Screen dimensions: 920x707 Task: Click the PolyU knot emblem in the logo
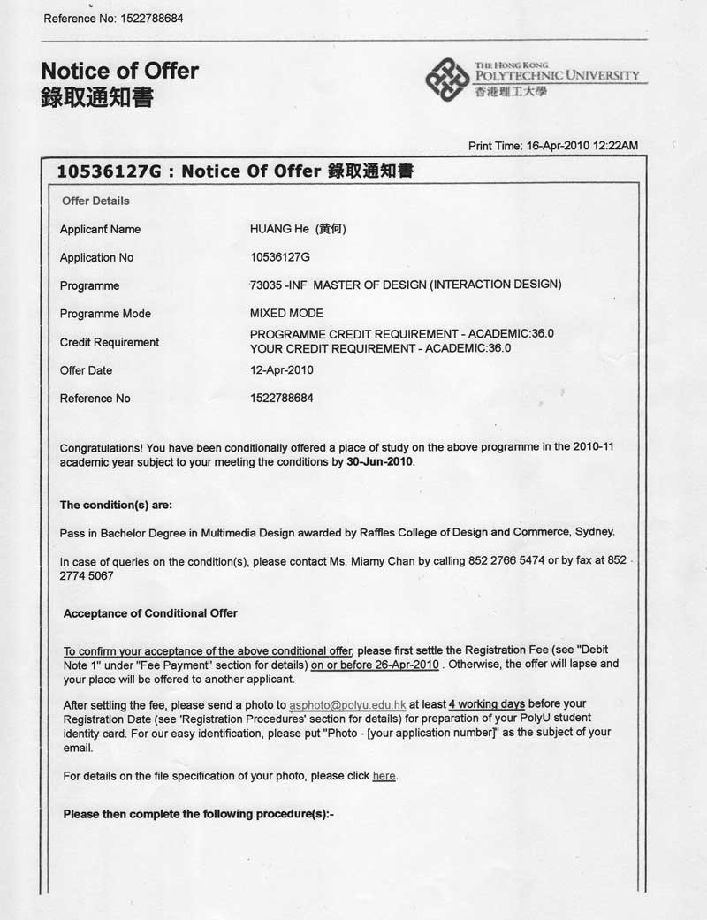pos(447,80)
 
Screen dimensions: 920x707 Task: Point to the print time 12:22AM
pos(616,145)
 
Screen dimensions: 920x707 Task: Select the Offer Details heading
pos(95,201)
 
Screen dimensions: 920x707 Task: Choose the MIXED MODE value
pos(286,313)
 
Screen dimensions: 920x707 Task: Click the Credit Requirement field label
pos(110,342)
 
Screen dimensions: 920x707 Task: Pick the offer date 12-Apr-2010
pos(282,370)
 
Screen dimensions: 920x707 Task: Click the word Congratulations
pos(97,447)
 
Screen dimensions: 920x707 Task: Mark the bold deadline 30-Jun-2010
pos(379,461)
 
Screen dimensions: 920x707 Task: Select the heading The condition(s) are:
pos(116,505)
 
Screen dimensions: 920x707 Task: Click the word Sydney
pos(594,532)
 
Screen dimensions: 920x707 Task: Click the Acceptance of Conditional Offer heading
pos(150,613)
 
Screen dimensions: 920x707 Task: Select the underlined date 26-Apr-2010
pos(404,665)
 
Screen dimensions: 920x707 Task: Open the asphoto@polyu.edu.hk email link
pos(347,705)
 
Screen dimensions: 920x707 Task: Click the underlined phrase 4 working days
pos(486,704)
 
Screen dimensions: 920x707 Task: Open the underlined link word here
pos(384,776)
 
